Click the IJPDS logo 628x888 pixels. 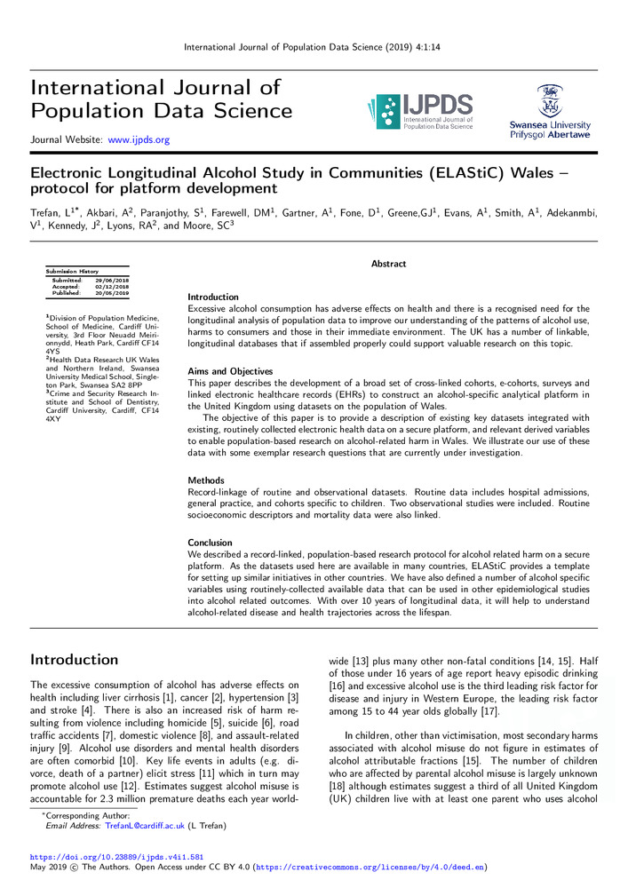pyautogui.click(x=418, y=111)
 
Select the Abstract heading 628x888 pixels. pyautogui.click(x=388, y=264)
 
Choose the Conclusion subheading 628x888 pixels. pyautogui.click(x=210, y=542)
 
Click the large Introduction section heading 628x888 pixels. pyautogui.click(x=75, y=660)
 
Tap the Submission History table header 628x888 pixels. pyautogui.click(x=73, y=271)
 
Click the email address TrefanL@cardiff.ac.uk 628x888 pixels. pyautogui.click(x=144, y=825)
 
